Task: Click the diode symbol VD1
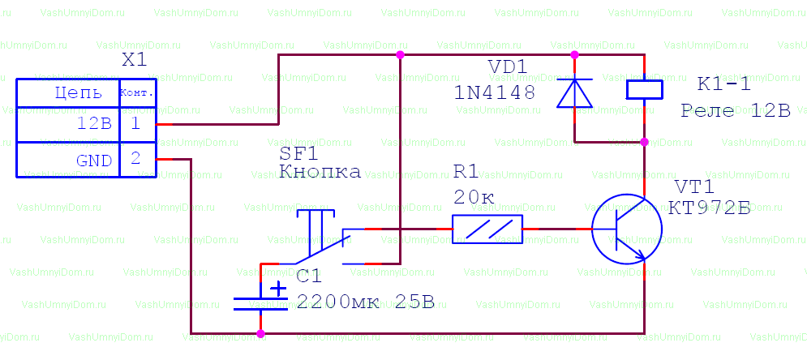[x=575, y=92]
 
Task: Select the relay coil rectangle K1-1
[x=645, y=89]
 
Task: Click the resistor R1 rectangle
[x=487, y=229]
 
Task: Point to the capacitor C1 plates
[x=260, y=304]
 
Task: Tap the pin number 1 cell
[x=136, y=124]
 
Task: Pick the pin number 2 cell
[x=136, y=159]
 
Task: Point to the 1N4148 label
[x=495, y=92]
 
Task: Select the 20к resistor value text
[x=474, y=197]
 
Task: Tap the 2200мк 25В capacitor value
[x=366, y=302]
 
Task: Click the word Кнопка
[x=320, y=172]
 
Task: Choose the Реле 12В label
[x=735, y=110]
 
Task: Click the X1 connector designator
[x=134, y=61]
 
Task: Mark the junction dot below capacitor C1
[x=260, y=332]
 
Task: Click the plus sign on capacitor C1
[x=278, y=288]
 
